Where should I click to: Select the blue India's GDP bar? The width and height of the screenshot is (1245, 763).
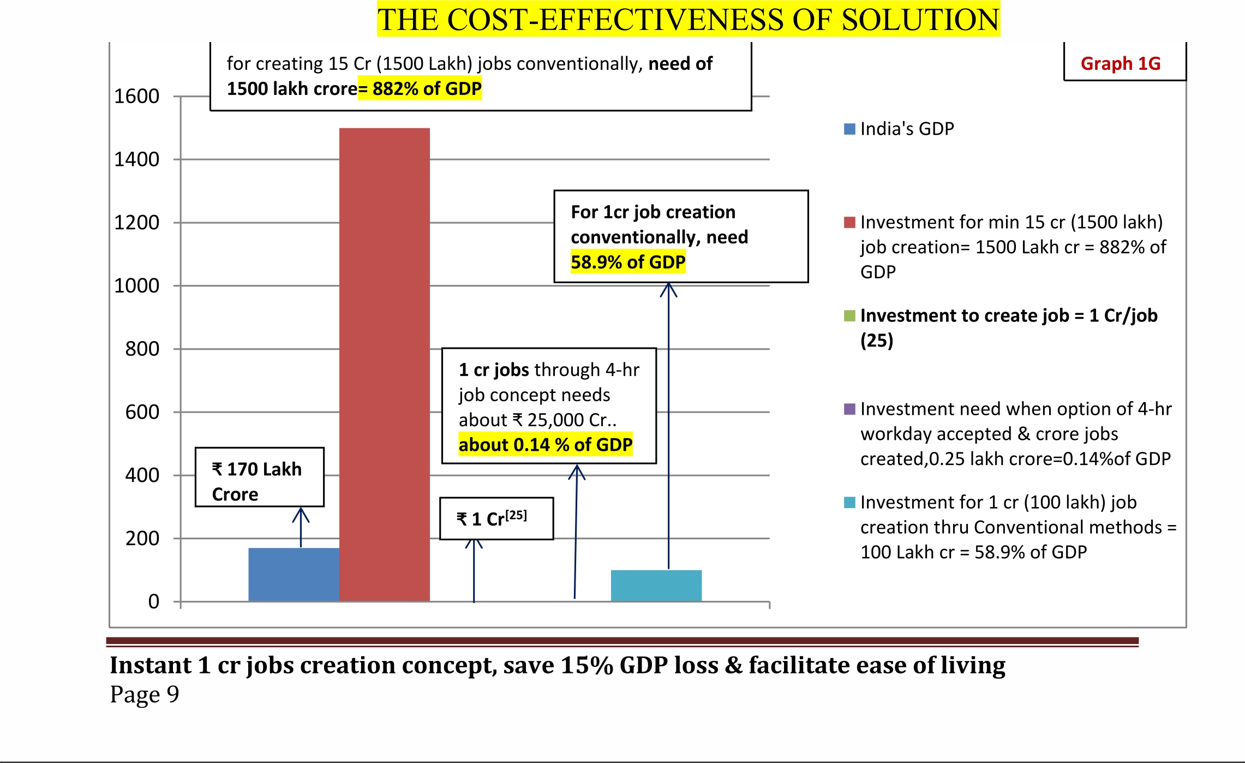click(294, 574)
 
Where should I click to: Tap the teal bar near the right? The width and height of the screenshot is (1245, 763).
click(656, 585)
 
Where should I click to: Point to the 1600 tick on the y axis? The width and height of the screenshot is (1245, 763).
click(136, 97)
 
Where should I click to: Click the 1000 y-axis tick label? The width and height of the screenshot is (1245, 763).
click(136, 285)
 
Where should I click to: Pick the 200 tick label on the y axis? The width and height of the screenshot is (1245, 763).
click(142, 539)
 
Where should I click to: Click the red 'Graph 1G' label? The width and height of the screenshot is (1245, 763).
click(1120, 64)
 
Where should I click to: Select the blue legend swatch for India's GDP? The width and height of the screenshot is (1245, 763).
click(849, 129)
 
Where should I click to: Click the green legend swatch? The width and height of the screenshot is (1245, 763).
click(849, 315)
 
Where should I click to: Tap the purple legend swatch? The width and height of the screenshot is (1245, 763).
click(849, 409)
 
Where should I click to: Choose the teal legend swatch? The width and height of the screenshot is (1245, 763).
click(849, 502)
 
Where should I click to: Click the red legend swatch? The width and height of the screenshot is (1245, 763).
click(849, 222)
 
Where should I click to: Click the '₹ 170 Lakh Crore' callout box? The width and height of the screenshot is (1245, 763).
click(259, 477)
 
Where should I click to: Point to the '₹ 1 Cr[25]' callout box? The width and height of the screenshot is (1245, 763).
click(496, 518)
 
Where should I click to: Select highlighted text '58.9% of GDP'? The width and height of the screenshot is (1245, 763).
click(627, 263)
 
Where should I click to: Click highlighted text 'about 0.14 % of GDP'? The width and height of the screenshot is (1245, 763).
click(545, 445)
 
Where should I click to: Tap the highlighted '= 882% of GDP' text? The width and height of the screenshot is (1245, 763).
click(420, 89)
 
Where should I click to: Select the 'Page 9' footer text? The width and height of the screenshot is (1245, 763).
click(145, 694)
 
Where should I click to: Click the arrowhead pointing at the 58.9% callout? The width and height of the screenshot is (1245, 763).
click(668, 289)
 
